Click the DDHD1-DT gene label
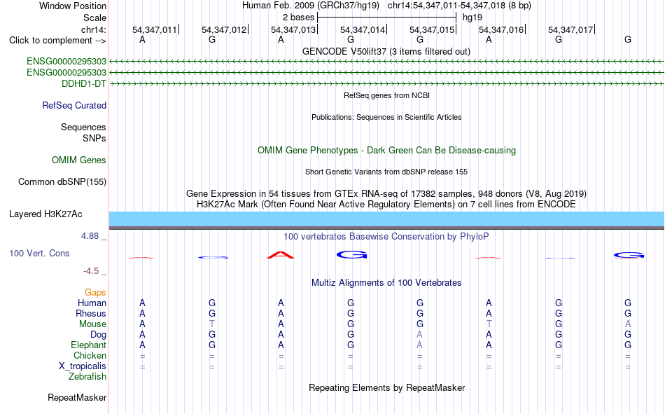(84, 83)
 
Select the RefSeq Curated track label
(74, 105)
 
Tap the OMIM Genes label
(79, 160)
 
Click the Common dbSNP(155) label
(62, 181)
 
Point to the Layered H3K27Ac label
(45, 214)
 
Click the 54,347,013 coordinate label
(293, 29)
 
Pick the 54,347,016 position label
(501, 29)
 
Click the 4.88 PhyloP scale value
(90, 236)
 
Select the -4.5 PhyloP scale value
(91, 271)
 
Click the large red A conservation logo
(280, 255)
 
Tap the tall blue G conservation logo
(351, 254)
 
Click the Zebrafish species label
(87, 377)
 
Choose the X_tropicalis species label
(83, 366)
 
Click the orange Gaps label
(95, 293)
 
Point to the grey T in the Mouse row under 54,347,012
(211, 324)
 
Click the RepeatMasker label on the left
(77, 398)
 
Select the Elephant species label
(88, 345)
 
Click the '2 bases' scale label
(299, 18)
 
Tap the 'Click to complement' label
(57, 41)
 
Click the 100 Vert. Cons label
(39, 254)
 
